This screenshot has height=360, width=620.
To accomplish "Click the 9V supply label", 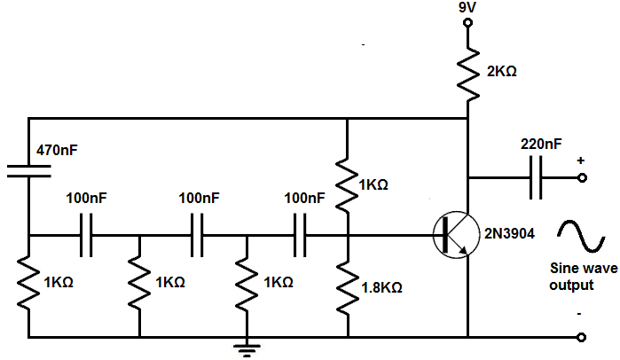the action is coord(467,8).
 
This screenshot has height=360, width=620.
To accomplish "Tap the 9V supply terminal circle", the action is coord(467,22).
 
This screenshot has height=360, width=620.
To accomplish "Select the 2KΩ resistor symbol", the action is coord(468,74).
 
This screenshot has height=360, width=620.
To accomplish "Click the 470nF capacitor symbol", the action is coord(29,171).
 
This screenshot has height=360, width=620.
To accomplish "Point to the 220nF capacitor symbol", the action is coord(536,178).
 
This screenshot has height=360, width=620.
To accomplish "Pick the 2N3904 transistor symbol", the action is coord(456,235).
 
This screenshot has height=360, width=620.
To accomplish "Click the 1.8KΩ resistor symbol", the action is coord(348,287).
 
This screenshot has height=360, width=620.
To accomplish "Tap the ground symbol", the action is coord(247,348).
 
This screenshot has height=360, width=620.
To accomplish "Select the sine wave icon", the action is coord(581,236).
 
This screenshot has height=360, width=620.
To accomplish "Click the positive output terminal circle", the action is coord(582,178).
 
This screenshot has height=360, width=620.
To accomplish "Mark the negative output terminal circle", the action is coord(581,337).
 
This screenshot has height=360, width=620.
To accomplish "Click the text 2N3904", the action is coord(509,233).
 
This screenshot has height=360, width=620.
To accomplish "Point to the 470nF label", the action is coord(57,150).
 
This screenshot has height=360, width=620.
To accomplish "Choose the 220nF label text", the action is coord(541,145).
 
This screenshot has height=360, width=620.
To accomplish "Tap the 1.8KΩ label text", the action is coord(382,287).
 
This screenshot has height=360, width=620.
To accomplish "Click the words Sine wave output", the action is coord(583,277).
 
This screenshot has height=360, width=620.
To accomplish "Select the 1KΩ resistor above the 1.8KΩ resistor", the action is coord(347,185).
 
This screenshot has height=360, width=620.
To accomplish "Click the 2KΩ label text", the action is coord(501,72).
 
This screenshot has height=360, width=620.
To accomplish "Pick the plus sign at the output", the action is coord(580,160).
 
